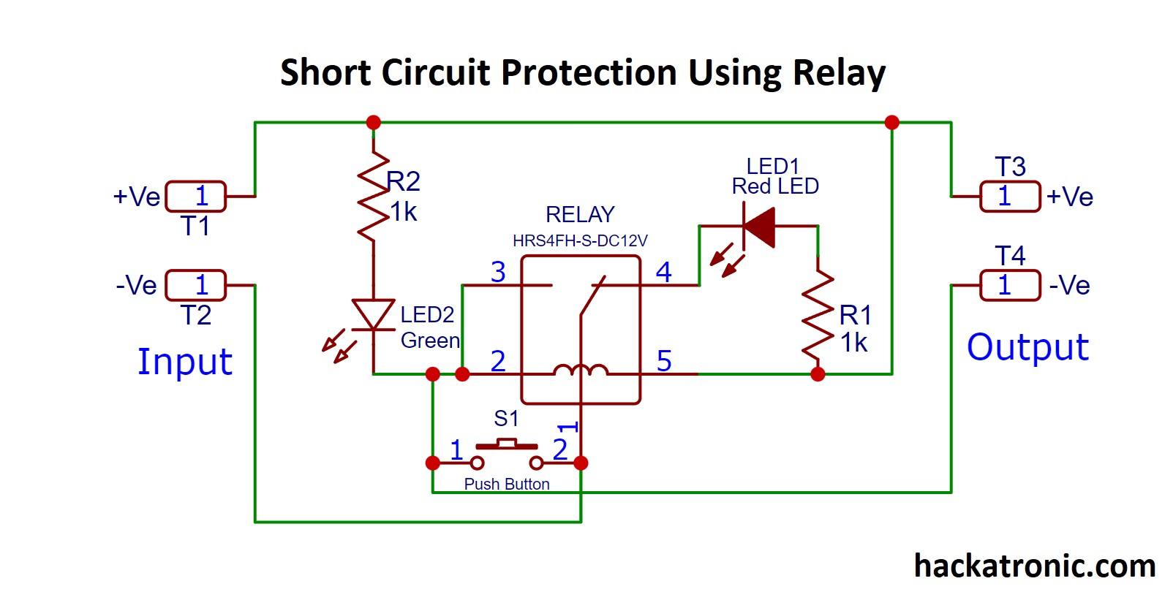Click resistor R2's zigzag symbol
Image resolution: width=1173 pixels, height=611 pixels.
373,196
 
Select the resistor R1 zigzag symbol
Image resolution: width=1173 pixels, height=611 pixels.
818,317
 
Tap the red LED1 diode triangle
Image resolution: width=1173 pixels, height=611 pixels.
758,227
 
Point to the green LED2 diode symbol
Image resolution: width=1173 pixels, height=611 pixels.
373,314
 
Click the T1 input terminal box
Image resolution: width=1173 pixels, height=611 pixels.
196,196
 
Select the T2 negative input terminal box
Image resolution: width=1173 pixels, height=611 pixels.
196,285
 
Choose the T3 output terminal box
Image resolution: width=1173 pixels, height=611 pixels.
1009,197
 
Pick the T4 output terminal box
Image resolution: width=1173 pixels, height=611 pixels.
1009,285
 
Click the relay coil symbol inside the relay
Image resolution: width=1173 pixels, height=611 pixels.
580,371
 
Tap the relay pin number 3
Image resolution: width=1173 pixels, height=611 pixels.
498,272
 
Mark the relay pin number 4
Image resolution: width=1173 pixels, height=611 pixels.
663,272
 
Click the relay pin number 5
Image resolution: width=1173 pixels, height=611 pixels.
663,361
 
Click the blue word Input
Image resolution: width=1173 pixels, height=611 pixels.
185,362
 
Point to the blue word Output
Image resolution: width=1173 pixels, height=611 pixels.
1027,347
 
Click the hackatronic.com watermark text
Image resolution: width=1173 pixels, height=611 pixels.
1034,566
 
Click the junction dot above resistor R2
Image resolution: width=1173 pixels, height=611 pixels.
373,122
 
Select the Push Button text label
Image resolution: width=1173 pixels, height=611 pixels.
507,484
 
